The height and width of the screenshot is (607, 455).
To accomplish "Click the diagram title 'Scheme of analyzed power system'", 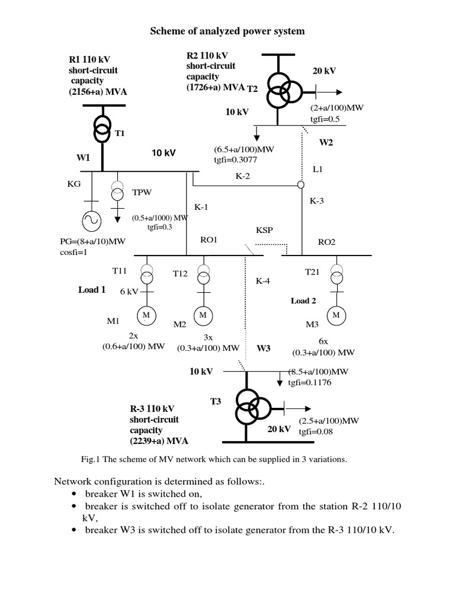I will [227, 31].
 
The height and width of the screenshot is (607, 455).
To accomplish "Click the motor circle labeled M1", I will [145, 315].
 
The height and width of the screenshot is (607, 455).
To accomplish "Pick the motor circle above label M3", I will [336, 315].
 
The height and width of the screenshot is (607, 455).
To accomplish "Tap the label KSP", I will [264, 229].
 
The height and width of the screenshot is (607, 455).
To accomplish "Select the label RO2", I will [326, 241].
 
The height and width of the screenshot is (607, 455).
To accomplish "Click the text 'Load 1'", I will [92, 290].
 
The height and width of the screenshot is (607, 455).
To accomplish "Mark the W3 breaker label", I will [263, 348].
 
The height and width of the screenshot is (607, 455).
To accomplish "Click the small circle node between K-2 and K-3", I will [300, 185].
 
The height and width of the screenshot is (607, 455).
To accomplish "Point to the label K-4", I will [263, 281].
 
